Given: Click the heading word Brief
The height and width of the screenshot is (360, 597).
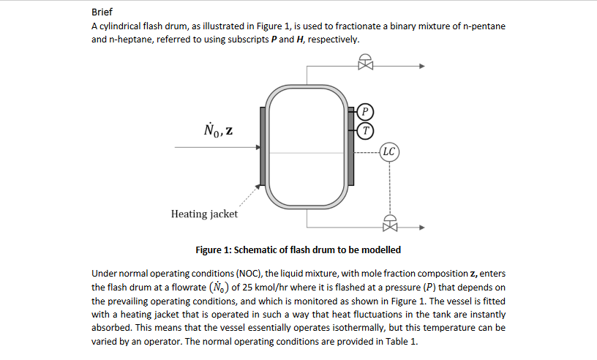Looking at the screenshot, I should tap(102, 12).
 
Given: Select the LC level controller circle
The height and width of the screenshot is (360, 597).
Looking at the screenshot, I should tap(389, 152).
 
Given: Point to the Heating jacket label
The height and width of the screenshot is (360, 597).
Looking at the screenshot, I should tap(204, 214).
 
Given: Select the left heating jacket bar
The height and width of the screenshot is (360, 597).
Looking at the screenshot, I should tap(261, 146).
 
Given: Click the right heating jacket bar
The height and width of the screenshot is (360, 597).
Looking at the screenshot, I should tap(350, 146).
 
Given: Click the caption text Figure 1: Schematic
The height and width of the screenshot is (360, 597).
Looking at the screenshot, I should tap(298, 250).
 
